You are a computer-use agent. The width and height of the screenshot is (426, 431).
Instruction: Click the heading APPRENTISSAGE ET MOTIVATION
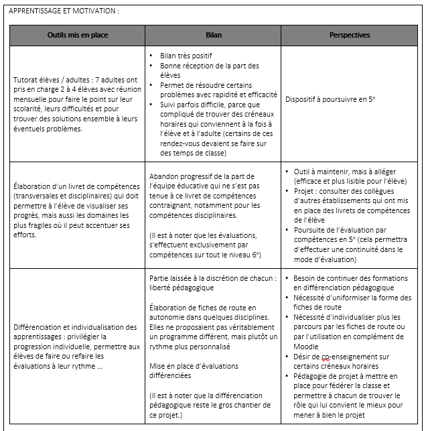(64, 11)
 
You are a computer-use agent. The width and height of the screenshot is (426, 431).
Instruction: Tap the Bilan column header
(213, 35)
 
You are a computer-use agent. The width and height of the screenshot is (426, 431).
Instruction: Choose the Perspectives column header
(349, 35)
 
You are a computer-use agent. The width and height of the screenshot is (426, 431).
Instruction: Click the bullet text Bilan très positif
(186, 56)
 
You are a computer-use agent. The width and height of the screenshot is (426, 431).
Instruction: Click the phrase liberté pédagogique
(182, 288)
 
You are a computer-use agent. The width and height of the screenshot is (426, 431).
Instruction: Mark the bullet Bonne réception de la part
(200, 66)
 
